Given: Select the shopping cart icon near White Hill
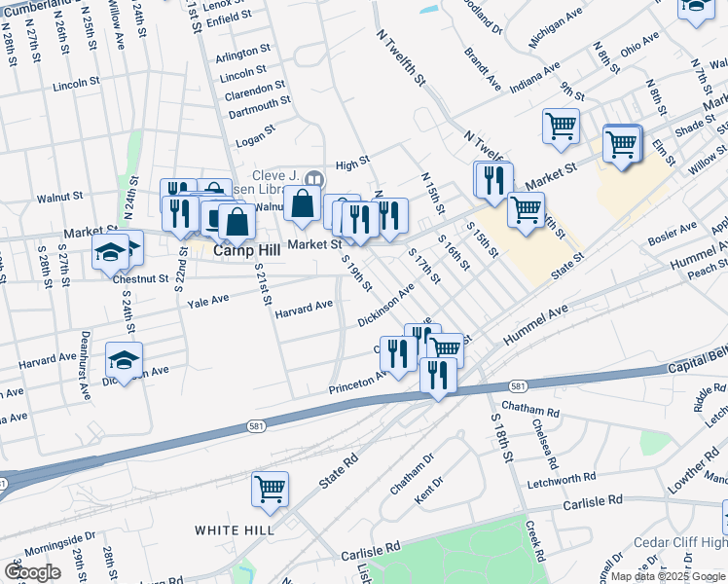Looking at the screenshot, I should pyautogui.click(x=270, y=489).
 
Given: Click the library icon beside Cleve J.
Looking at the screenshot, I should pyautogui.click(x=314, y=178).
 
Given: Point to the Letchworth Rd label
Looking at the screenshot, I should pyautogui.click(x=562, y=480).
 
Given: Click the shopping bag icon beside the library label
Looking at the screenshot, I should pyautogui.click(x=302, y=204).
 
